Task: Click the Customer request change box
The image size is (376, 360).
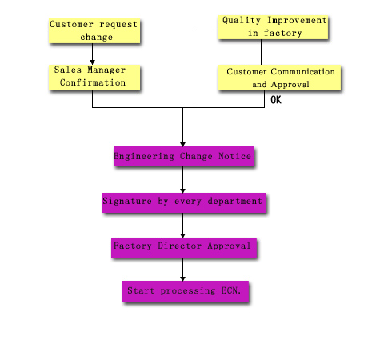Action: (94, 31)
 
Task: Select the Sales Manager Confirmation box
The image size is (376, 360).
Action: (94, 78)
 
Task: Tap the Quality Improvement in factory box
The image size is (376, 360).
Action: (273, 27)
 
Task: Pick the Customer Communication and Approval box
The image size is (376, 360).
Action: (279, 78)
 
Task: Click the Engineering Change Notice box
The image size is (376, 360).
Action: (184, 157)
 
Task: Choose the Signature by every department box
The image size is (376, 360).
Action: (184, 203)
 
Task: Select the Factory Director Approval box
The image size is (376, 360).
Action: (184, 248)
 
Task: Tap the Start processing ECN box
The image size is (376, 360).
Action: (186, 291)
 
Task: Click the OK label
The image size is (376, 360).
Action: (276, 100)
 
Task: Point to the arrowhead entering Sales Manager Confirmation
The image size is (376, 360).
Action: (92, 62)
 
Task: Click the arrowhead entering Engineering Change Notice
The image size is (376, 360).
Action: (182, 144)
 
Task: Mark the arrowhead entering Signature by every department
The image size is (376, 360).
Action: (182, 190)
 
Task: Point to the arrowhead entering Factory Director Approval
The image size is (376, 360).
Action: (182, 235)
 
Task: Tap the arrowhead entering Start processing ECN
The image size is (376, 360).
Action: (182, 278)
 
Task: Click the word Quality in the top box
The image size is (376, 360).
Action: (242, 21)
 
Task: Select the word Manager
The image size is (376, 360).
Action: (106, 70)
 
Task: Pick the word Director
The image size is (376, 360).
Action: (179, 246)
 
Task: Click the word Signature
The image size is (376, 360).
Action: (127, 201)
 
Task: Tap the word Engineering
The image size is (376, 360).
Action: (144, 156)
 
